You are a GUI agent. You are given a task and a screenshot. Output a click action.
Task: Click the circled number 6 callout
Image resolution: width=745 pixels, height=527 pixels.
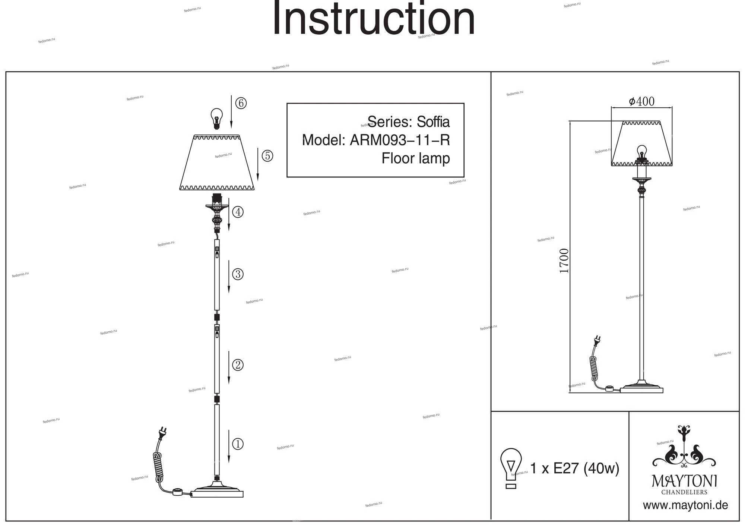pos(241,103)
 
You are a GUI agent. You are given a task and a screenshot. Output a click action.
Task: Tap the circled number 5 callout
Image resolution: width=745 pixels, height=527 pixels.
pos(267,156)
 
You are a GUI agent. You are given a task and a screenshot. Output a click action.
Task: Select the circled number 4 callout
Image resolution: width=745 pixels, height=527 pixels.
pos(238,212)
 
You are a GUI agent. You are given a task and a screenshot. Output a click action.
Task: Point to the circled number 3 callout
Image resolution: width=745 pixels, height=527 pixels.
pos(238,274)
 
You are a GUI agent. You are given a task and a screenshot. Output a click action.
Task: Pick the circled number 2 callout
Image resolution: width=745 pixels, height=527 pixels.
pos(238,365)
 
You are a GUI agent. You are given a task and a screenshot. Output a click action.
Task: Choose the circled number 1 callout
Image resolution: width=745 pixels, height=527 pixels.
pos(238,444)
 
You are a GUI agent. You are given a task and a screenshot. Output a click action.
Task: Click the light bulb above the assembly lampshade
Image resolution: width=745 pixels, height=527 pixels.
pos(216,118)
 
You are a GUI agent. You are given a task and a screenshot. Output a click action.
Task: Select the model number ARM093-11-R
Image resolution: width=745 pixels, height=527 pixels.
pos(400,141)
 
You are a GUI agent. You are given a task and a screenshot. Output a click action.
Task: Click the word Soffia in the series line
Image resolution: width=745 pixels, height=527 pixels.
pos(433,122)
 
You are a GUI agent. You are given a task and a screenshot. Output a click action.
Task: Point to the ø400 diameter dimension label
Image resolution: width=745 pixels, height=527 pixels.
pos(641,101)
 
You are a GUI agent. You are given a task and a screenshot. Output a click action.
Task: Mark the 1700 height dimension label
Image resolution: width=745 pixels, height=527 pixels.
pos(564,261)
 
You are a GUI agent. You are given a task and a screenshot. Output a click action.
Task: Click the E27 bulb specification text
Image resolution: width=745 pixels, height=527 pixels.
pos(574,468)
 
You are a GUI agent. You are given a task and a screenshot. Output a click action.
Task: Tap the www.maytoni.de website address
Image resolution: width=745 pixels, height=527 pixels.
pos(685,505)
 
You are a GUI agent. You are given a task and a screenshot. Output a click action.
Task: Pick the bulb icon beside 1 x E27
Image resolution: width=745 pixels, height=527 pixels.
pos(511,468)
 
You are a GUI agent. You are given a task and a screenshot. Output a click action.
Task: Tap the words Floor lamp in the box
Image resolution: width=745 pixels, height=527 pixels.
pos(415,158)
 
